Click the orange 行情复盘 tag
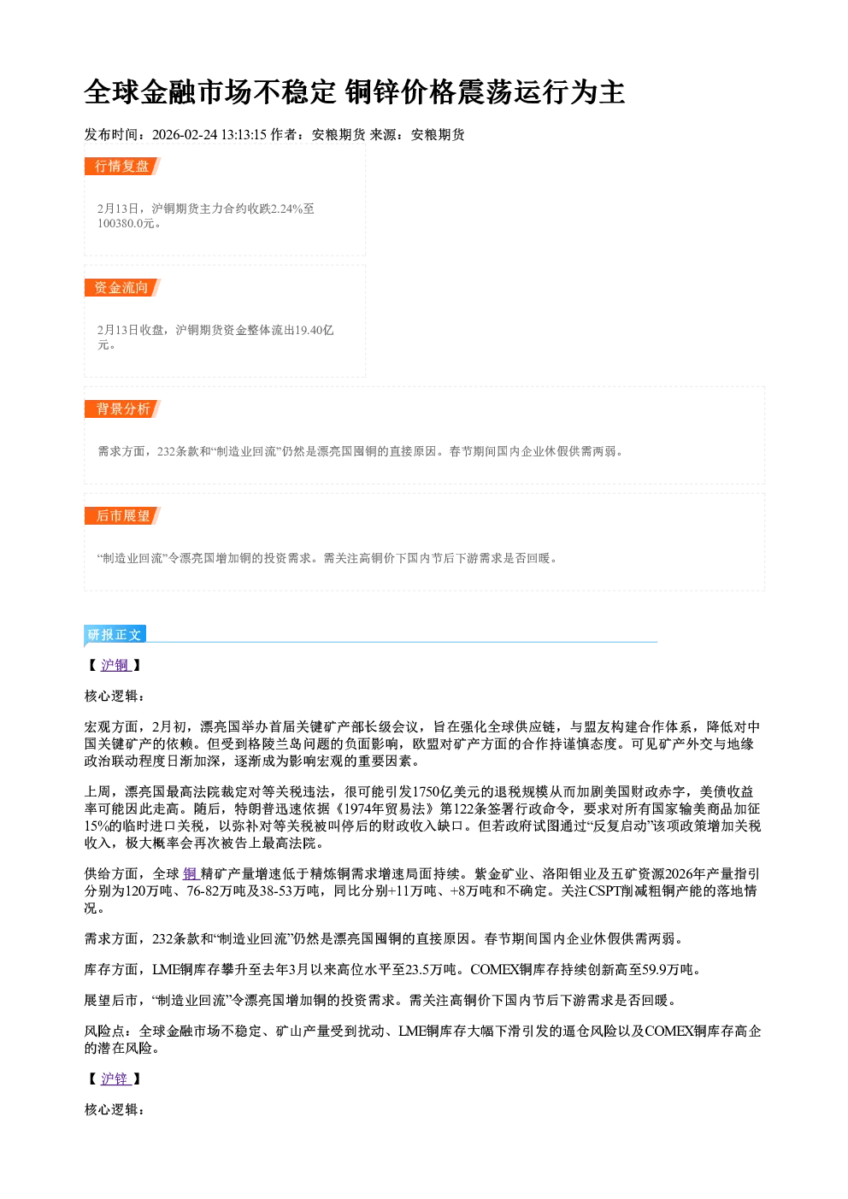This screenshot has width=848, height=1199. pyautogui.click(x=122, y=166)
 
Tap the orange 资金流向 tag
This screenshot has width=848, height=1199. pyautogui.click(x=122, y=287)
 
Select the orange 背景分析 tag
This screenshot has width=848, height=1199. pyautogui.click(x=122, y=409)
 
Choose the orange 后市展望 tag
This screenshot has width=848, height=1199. pyautogui.click(x=122, y=515)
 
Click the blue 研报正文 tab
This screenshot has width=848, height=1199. pyautogui.click(x=115, y=635)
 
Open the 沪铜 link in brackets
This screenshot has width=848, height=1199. pyautogui.click(x=115, y=666)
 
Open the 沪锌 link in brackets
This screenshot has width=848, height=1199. pyautogui.click(x=115, y=1079)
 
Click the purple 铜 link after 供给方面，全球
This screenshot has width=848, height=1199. pyautogui.click(x=190, y=874)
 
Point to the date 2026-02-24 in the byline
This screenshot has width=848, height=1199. pyautogui.click(x=185, y=135)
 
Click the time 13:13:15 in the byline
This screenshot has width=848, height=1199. pyautogui.click(x=244, y=135)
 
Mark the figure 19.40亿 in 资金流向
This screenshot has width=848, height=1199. pyautogui.click(x=315, y=330)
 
